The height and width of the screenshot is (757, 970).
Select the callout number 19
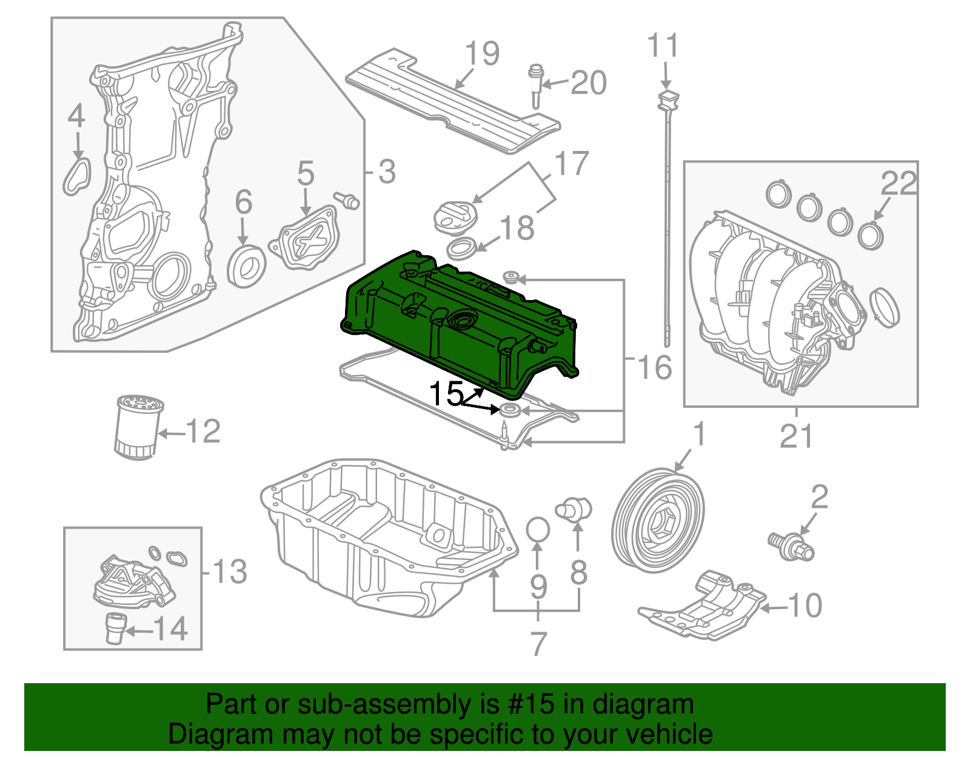483,54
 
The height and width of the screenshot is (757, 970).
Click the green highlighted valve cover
461,321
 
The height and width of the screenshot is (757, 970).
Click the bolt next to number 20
535,85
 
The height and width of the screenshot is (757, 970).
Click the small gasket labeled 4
77,175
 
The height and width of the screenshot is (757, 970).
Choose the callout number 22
898,183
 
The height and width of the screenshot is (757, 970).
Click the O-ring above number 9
538,529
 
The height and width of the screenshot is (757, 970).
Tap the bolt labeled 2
791,544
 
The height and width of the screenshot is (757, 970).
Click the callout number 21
795,436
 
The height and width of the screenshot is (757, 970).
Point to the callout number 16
655,367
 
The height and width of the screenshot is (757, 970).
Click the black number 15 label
446,394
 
